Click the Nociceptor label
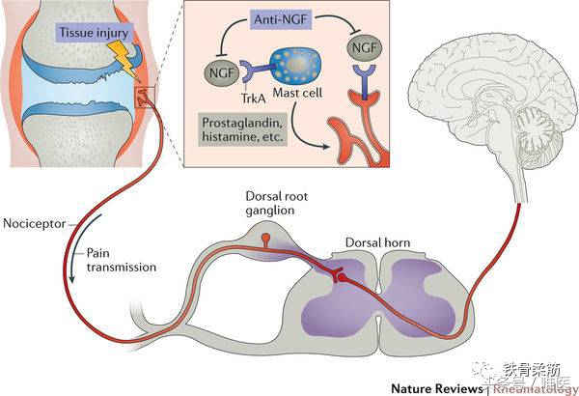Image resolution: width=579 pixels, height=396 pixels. click(x=32, y=219)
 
